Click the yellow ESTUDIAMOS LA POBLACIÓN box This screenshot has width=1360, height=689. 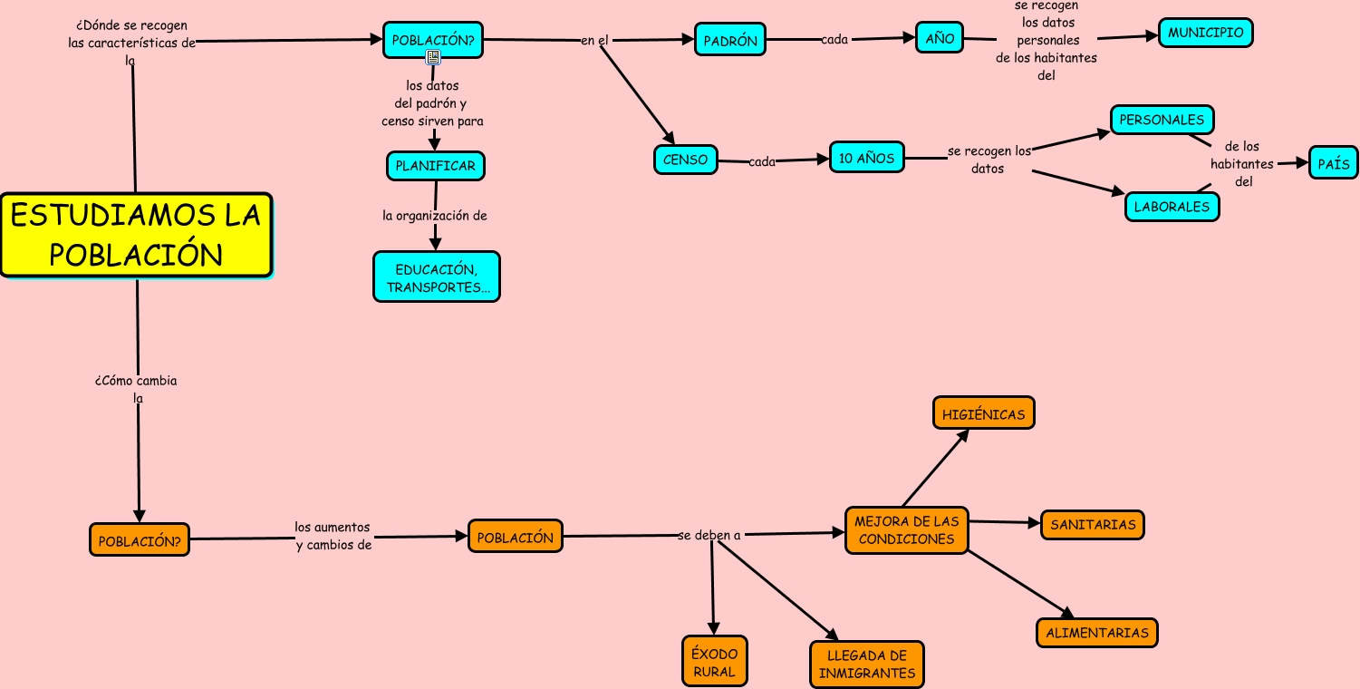click(x=136, y=235)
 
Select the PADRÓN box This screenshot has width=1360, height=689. click(x=730, y=40)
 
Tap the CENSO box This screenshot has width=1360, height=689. click(x=685, y=160)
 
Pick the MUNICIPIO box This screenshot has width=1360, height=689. click(x=1205, y=33)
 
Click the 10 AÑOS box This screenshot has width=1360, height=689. click(x=866, y=158)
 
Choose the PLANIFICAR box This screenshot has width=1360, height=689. click(x=436, y=166)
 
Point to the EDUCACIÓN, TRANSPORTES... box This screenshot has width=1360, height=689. click(x=436, y=277)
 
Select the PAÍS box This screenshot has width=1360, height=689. click(x=1333, y=164)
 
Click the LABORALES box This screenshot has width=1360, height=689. click(x=1172, y=207)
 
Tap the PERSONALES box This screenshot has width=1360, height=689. click(x=1162, y=120)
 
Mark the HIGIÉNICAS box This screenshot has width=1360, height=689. click(x=983, y=414)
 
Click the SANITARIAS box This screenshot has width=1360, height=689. click(x=1093, y=525)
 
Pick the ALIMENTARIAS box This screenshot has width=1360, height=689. click(x=1097, y=633)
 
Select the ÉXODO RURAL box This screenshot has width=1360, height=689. click(x=715, y=663)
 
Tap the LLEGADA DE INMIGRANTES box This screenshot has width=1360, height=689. click(x=867, y=665)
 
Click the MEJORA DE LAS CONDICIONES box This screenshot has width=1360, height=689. click(x=906, y=530)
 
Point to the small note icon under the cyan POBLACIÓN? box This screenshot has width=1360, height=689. click(x=433, y=57)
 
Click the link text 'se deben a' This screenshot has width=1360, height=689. click(x=709, y=535)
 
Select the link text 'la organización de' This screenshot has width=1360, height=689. click(x=435, y=216)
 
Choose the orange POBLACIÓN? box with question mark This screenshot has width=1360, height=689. click(x=140, y=540)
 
